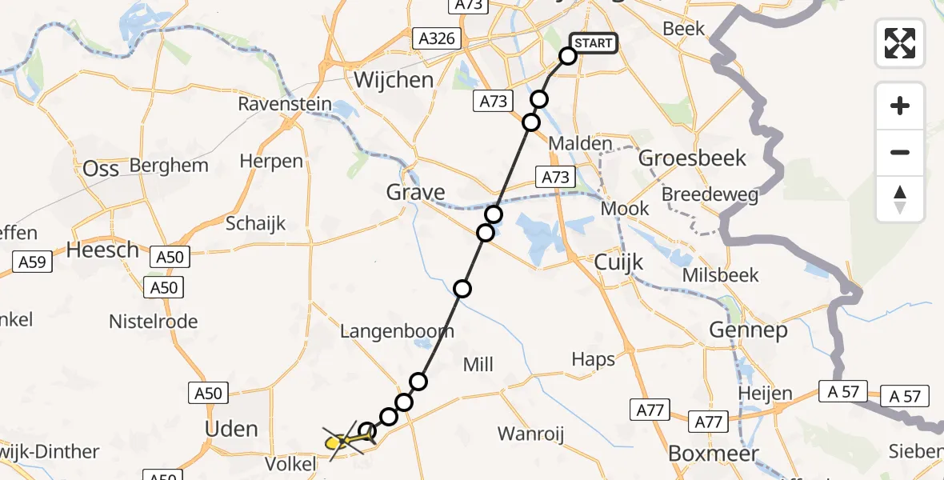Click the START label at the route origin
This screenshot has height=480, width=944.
[594, 42]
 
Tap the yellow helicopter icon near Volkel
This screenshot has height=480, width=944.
[341, 439]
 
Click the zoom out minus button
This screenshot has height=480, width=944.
[900, 153]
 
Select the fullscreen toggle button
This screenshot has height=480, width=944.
[900, 42]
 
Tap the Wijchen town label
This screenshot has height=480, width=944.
[394, 80]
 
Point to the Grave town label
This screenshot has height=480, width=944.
[415, 192]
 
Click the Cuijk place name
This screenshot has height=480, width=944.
[619, 262]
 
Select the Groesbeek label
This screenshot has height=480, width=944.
[692, 158]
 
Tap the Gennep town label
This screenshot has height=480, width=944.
[748, 329]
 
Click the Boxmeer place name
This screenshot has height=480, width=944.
[702, 452]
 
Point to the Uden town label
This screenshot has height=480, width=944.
[231, 429]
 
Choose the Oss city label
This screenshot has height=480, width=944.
[101, 169]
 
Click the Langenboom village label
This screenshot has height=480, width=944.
[397, 330]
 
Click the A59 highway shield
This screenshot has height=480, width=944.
[33, 261]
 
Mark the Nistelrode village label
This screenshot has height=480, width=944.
[153, 322]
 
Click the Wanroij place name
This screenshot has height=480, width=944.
[530, 434]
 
